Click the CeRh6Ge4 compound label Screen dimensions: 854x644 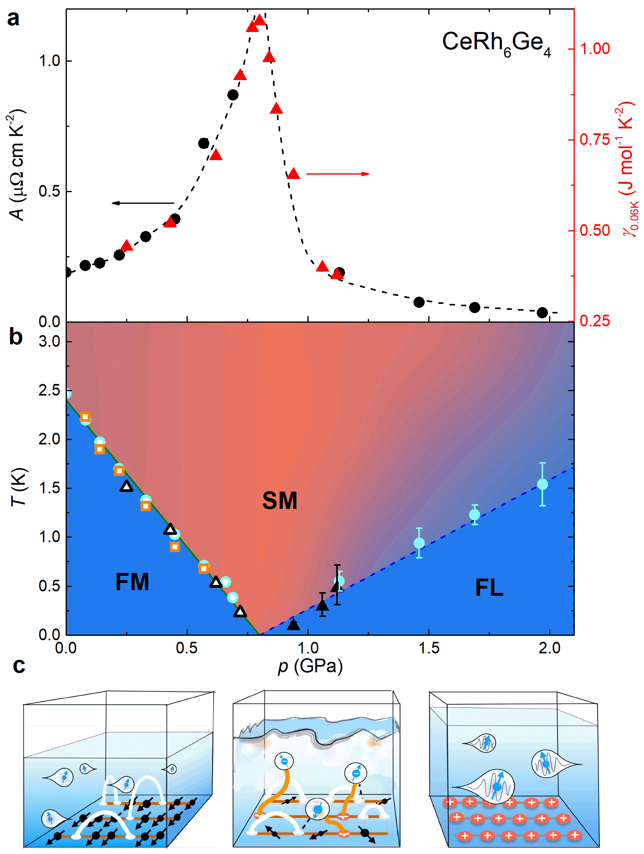click(x=496, y=44)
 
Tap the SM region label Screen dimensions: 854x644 click(x=279, y=500)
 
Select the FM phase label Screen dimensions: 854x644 click(x=132, y=582)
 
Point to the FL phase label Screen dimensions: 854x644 click(x=489, y=588)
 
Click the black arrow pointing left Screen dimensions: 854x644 click(x=143, y=203)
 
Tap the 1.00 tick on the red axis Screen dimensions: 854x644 click(x=595, y=49)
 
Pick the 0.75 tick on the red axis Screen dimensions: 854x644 click(x=595, y=140)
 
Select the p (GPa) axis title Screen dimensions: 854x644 click(x=310, y=666)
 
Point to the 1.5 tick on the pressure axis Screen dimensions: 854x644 click(x=429, y=648)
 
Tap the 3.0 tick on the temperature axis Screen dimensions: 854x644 click(x=49, y=342)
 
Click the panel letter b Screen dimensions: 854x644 click(x=16, y=337)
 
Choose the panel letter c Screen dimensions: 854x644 click(x=19, y=665)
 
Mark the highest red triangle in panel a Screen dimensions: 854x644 click(x=260, y=20)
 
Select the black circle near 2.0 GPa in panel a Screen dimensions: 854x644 click(x=542, y=313)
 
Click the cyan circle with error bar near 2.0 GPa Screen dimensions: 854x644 click(x=542, y=484)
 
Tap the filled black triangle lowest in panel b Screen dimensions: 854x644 click(x=293, y=624)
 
